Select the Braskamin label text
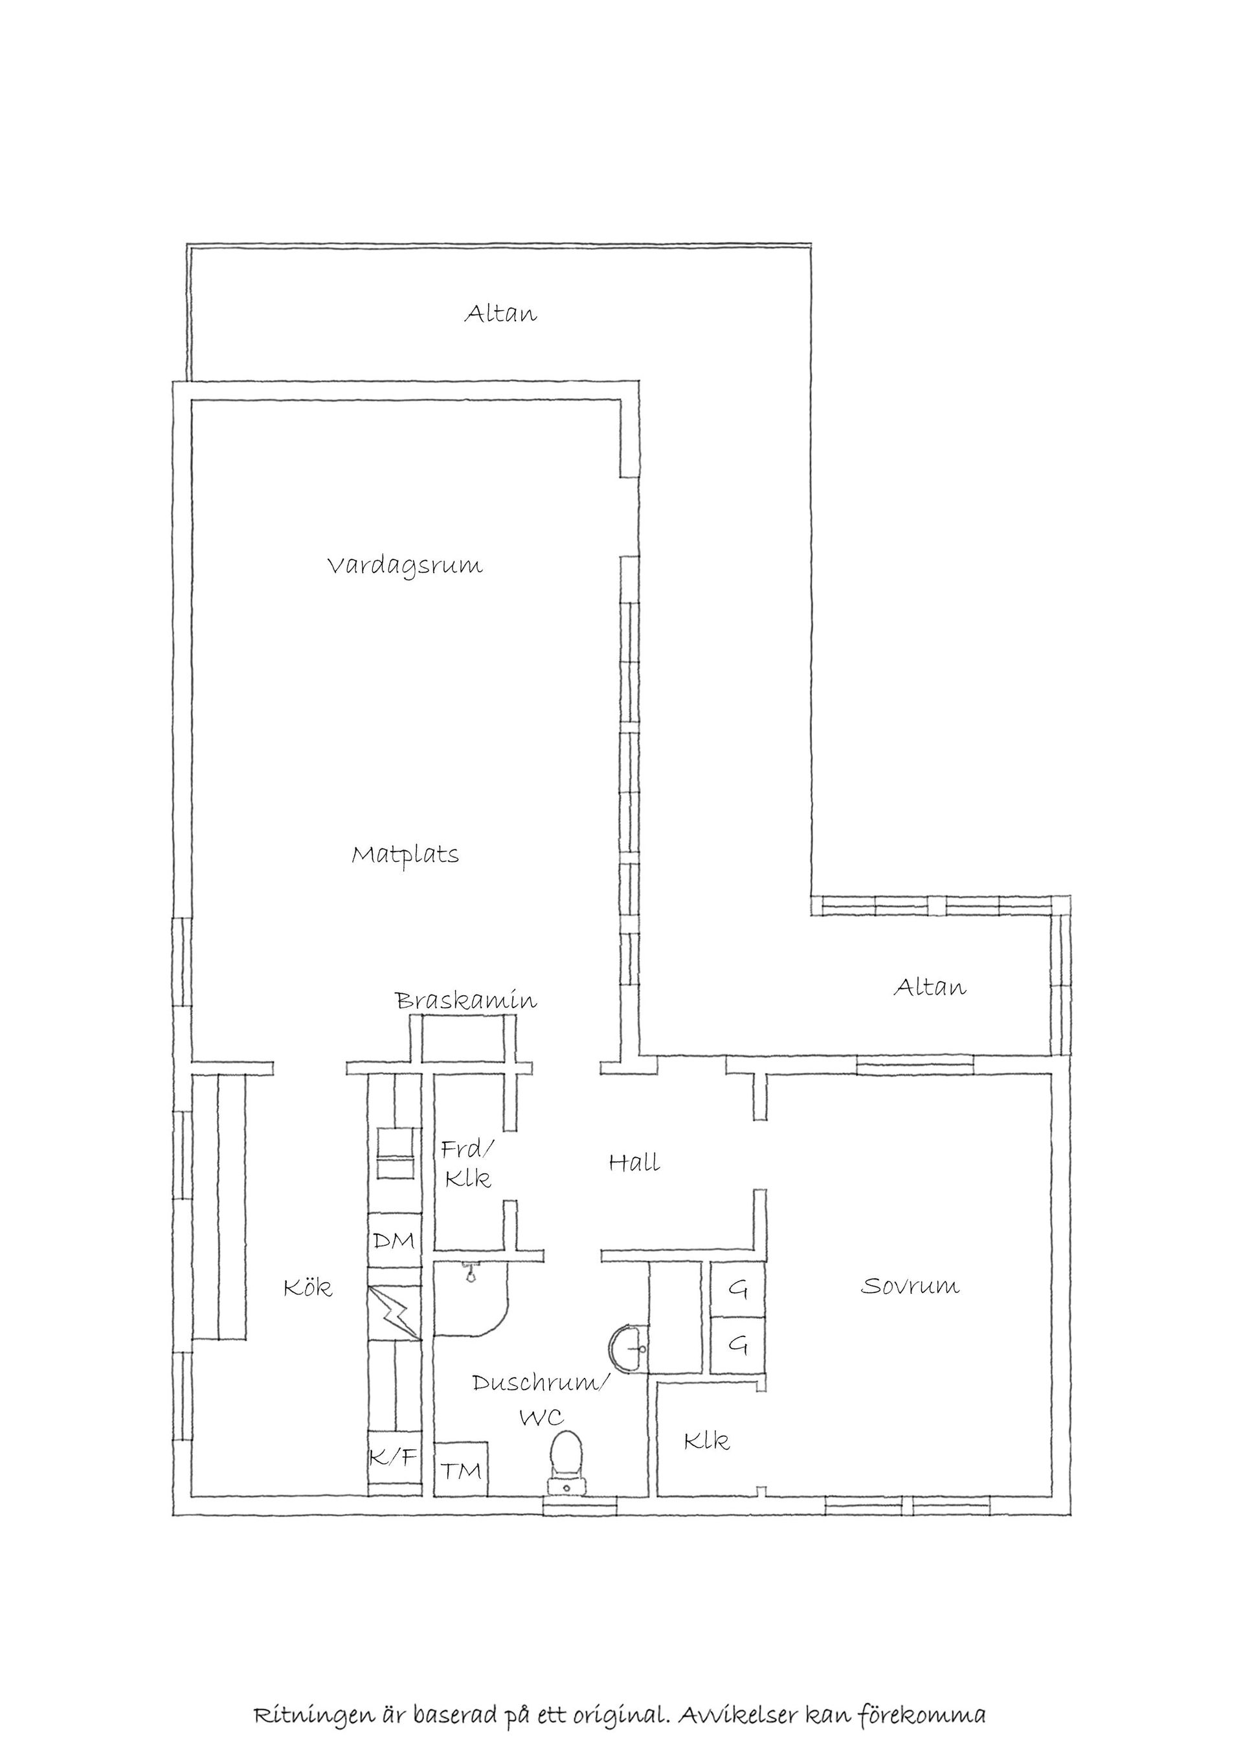click(465, 1001)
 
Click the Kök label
click(308, 1288)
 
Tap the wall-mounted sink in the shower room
click(630, 1350)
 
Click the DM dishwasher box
click(394, 1241)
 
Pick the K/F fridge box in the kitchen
click(394, 1457)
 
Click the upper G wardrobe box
click(737, 1290)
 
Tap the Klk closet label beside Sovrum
click(706, 1442)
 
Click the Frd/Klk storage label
click(467, 1164)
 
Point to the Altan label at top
click(500, 314)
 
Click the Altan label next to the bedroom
click(929, 987)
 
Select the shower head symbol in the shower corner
click(470, 1275)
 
